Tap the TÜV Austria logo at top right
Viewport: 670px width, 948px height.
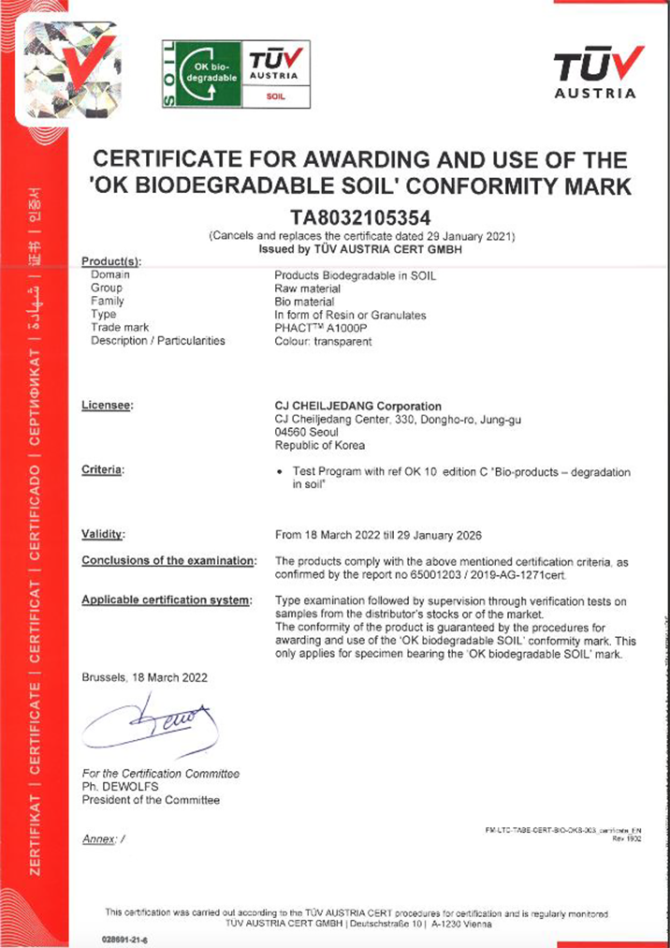594,73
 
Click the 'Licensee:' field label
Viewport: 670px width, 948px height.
108,406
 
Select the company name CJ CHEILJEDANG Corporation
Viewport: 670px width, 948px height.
357,406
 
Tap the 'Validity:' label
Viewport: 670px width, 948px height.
104,535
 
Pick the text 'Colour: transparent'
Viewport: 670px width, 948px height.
323,341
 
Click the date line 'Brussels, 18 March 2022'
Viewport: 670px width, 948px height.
144,677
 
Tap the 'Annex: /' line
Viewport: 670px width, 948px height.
103,838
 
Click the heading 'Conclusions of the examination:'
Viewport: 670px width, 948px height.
168,560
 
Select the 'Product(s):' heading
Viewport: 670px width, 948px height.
110,261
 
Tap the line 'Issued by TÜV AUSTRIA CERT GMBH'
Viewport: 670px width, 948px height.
361,250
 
